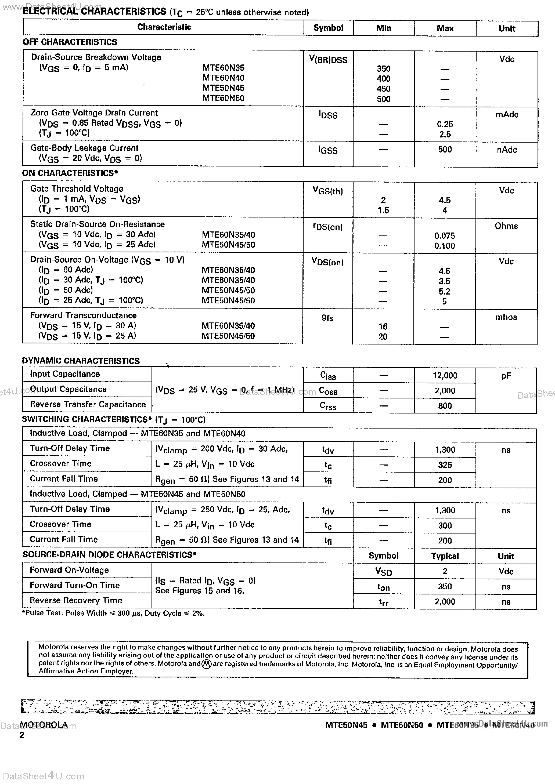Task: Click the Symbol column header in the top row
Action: tap(328, 28)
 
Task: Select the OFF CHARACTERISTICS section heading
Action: tap(70, 42)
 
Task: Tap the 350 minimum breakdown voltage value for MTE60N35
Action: tap(383, 69)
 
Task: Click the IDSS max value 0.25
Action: tap(445, 124)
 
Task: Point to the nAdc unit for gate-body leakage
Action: tap(506, 150)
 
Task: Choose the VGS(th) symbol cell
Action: tap(327, 191)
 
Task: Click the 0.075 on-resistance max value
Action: tap(444, 236)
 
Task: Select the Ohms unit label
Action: tap(506, 226)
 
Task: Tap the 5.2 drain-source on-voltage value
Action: tap(444, 291)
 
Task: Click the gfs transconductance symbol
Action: tap(327, 318)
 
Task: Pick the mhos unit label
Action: tap(506, 317)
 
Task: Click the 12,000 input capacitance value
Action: tap(445, 376)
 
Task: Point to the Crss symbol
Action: tap(328, 406)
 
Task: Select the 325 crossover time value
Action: tap(445, 465)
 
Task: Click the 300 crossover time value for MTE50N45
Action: tap(445, 525)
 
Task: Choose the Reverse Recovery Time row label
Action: tap(75, 600)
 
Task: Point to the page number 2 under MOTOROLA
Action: tap(22, 735)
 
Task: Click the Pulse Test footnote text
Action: tap(113, 613)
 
